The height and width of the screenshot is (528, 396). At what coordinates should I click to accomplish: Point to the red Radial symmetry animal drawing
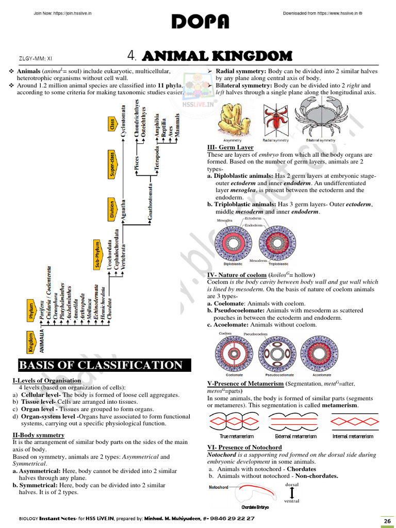(275, 119)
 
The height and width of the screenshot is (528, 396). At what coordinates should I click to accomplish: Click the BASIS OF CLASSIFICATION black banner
(102, 366)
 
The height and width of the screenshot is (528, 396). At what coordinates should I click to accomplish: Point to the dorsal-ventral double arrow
(292, 492)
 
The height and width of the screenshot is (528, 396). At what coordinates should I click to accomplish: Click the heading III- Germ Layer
(230, 147)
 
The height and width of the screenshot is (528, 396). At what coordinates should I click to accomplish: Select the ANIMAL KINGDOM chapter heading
(217, 56)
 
